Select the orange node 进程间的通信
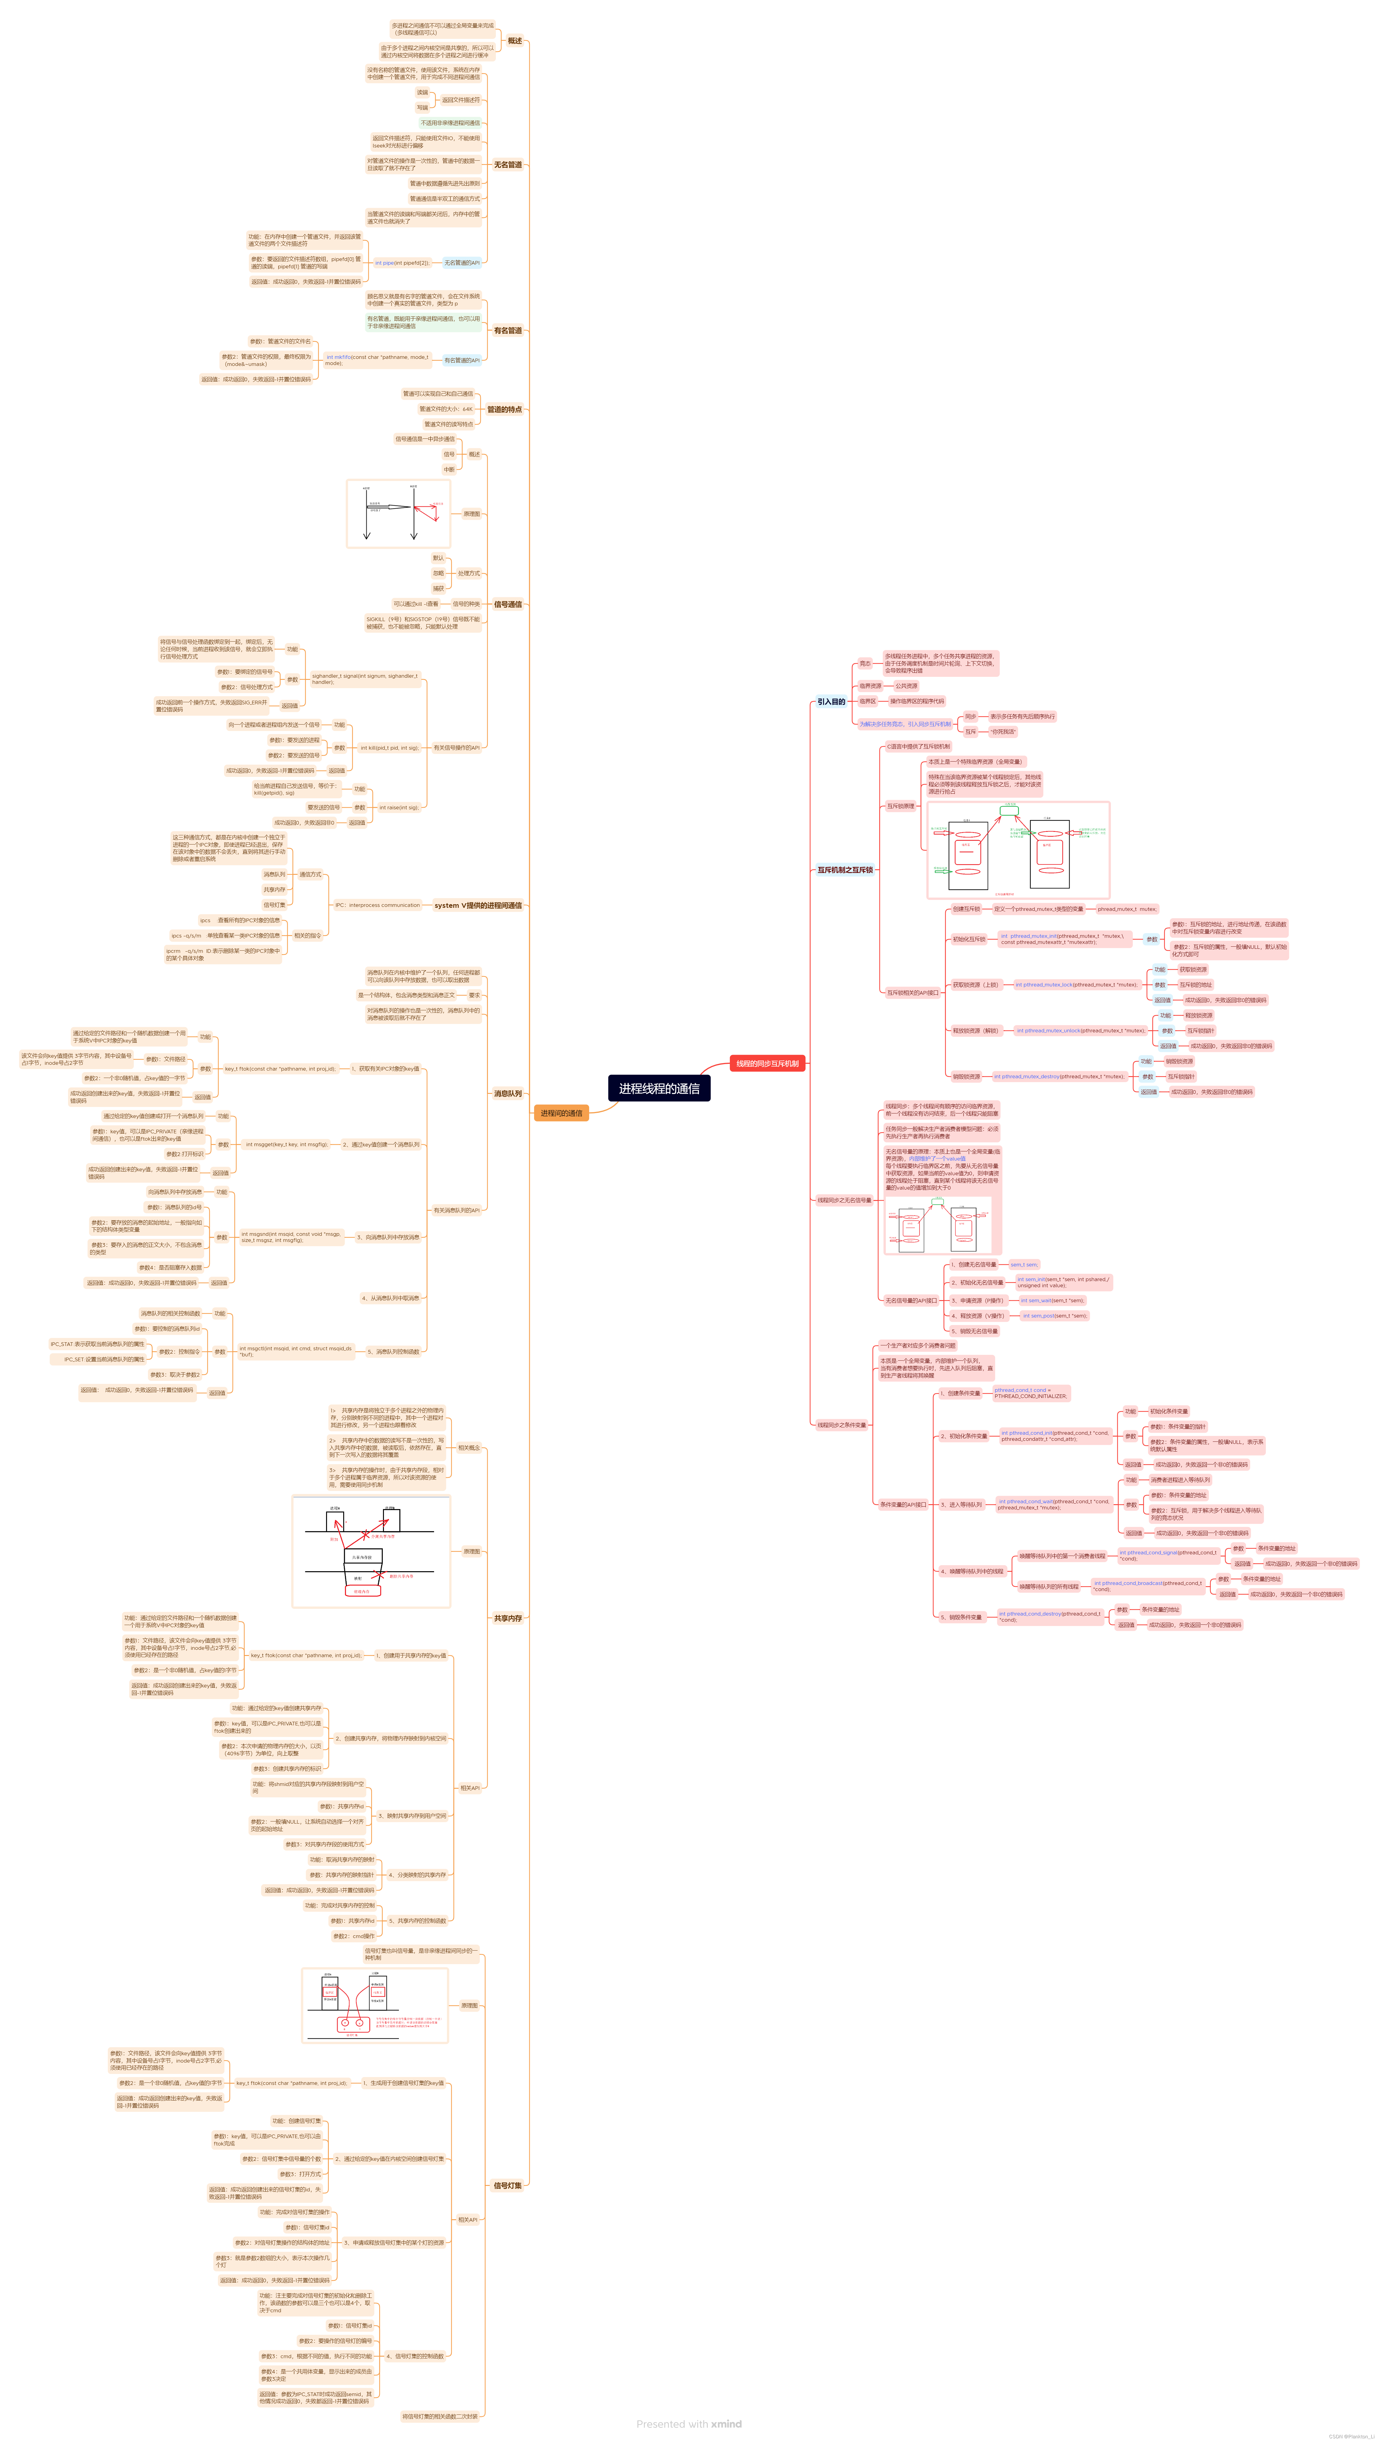click(x=561, y=1113)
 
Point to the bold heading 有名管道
click(x=508, y=331)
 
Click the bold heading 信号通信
click(x=508, y=604)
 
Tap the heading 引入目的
click(x=831, y=702)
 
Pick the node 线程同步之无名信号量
click(x=845, y=1200)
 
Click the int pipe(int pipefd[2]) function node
click(x=402, y=263)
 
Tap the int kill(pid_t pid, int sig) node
click(x=389, y=748)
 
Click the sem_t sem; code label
click(x=1024, y=1265)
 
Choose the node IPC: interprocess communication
click(x=377, y=905)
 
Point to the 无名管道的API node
click(x=462, y=263)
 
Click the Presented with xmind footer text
click(x=689, y=2424)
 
